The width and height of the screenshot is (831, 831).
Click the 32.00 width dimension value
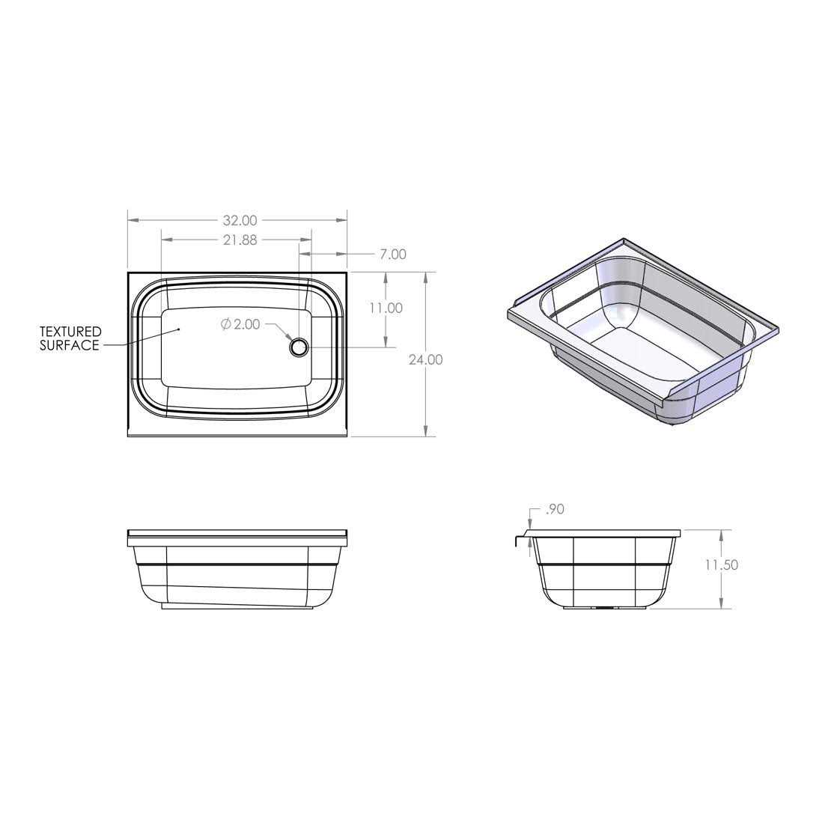[240, 220]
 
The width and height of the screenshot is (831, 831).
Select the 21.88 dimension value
[240, 240]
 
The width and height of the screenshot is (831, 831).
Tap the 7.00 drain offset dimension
[393, 255]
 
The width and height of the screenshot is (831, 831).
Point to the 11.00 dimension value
[386, 308]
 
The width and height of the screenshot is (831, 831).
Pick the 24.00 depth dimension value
[425, 360]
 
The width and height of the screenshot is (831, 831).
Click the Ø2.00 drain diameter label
[240, 324]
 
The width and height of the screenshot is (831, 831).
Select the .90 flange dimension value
[554, 509]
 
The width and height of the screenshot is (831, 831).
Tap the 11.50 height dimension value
[721, 565]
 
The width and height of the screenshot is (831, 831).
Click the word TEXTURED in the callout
[70, 332]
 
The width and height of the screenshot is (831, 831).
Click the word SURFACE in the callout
[70, 346]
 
